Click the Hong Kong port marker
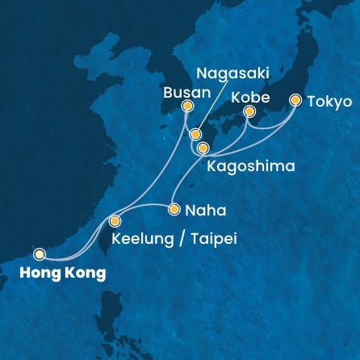pyautogui.click(x=39, y=253)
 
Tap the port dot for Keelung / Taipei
pyautogui.click(x=115, y=220)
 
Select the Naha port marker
pyautogui.click(x=174, y=210)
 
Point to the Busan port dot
pyautogui.click(x=188, y=106)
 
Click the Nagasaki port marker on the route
pyautogui.click(x=195, y=134)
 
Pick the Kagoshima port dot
pyautogui.click(x=203, y=148)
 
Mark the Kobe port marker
pyautogui.click(x=249, y=111)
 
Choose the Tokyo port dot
pyautogui.click(x=295, y=101)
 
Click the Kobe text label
pyautogui.click(x=247, y=95)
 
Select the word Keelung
pyautogui.click(x=135, y=239)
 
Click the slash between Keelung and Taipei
pyautogui.click(x=173, y=239)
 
